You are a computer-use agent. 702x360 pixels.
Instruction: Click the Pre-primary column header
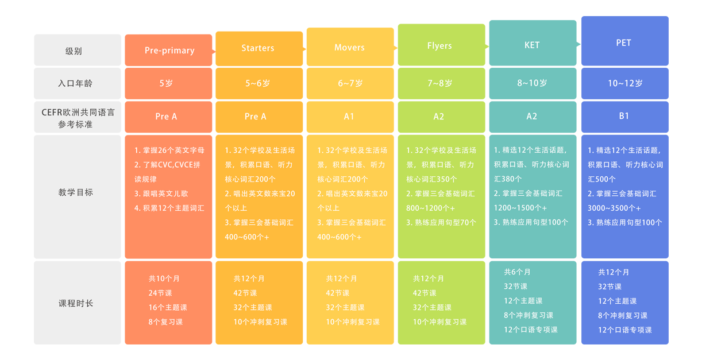pos(169,51)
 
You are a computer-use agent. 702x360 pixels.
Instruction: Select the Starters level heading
pos(258,48)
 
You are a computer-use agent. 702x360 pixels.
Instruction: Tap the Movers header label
pos(349,48)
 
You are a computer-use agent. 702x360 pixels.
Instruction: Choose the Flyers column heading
pos(439,46)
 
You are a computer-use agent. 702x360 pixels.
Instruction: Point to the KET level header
pos(532,45)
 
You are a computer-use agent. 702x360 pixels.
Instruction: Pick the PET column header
pos(623,43)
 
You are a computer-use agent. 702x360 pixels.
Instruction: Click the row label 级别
pos(74,51)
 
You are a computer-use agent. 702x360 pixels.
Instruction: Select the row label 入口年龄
pos(75,83)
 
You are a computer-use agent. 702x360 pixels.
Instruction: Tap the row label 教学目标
pos(75,192)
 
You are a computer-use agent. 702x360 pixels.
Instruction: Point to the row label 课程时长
pos(75,303)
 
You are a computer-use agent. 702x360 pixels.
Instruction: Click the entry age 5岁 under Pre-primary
pos(166,83)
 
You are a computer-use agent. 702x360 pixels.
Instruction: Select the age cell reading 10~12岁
pos(626,83)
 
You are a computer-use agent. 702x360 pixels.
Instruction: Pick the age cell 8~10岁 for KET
pos(532,83)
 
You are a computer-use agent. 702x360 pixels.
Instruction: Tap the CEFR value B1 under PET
pos(624,116)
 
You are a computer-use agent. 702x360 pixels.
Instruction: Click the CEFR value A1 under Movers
pos(349,116)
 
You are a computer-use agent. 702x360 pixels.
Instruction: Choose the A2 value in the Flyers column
pos(439,116)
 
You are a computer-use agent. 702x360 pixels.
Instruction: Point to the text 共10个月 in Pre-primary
pos(164,278)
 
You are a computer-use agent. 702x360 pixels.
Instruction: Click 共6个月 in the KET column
pos(518,272)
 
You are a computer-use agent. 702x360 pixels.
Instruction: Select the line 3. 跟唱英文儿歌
pos(161,193)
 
